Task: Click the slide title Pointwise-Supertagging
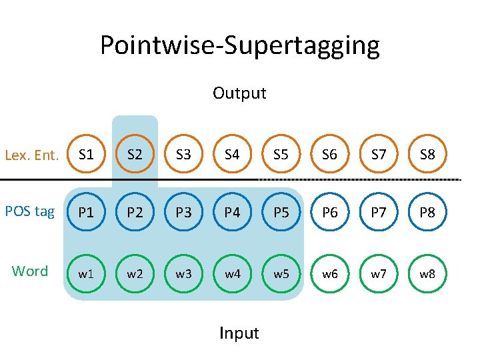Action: [x=240, y=45]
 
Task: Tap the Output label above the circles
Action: [x=239, y=93]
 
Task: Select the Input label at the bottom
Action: [x=239, y=333]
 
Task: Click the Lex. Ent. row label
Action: [x=32, y=156]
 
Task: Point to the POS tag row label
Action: [x=30, y=211]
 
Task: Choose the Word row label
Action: [x=30, y=271]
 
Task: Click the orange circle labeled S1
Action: [x=86, y=155]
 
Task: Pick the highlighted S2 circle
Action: [x=135, y=155]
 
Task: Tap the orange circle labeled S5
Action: [x=281, y=155]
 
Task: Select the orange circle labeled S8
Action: [x=427, y=155]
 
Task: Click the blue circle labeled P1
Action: [x=86, y=213]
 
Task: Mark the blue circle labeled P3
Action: [x=183, y=213]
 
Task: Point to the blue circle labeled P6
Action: [x=329, y=213]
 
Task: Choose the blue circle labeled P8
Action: [x=427, y=213]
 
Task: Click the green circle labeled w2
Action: [x=135, y=273]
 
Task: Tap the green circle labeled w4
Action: [x=232, y=273]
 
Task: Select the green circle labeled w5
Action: [x=281, y=273]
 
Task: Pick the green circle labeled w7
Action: [x=378, y=273]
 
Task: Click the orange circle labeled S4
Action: [x=232, y=155]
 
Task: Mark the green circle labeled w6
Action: [x=329, y=273]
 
